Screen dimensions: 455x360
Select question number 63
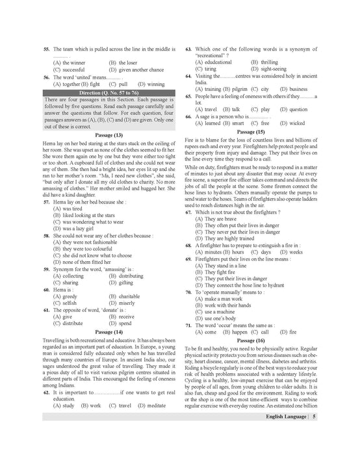click(x=188, y=49)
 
